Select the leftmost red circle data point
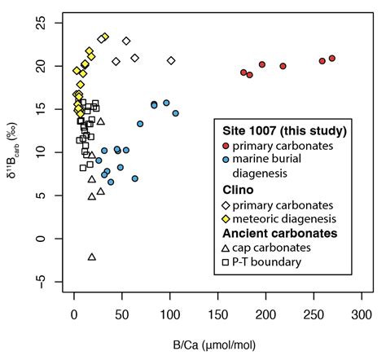click(243, 72)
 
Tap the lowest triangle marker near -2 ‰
click(92, 257)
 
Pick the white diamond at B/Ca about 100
click(171, 60)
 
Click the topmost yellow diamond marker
click(105, 37)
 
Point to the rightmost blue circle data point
click(175, 113)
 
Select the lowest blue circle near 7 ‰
click(135, 178)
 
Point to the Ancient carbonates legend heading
click(273, 234)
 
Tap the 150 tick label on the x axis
click(217, 314)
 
